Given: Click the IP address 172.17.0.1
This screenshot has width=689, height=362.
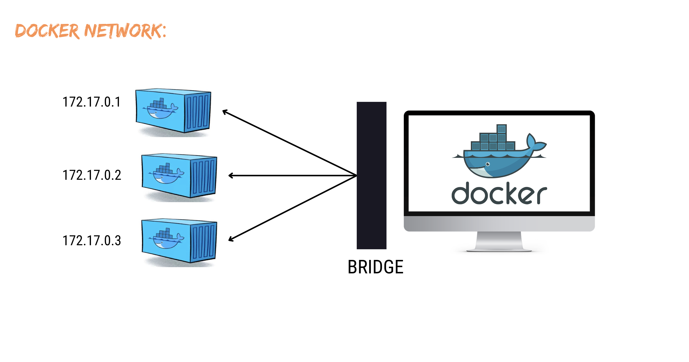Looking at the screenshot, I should [x=91, y=102].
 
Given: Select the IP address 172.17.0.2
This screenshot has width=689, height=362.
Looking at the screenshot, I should [x=92, y=175].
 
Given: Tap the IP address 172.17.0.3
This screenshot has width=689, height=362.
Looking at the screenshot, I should [x=92, y=241].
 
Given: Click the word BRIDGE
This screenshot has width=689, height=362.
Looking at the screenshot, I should [x=375, y=267].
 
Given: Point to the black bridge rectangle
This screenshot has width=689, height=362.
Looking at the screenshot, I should [x=371, y=175].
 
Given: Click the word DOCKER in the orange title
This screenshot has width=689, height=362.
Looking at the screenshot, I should [x=47, y=31].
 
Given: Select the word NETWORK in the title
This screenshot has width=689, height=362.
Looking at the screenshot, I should [x=123, y=31].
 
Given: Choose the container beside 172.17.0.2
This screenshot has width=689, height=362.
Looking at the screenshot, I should [x=179, y=176].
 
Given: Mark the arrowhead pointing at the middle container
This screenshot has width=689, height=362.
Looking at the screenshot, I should [x=230, y=176].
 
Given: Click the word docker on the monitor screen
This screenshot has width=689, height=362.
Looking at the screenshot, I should [x=499, y=193].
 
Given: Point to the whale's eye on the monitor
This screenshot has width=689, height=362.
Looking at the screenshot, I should [x=488, y=164].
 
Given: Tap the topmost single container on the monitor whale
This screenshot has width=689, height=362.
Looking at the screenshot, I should [x=502, y=129].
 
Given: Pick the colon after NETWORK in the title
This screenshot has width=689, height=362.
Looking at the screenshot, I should [x=164, y=31].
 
